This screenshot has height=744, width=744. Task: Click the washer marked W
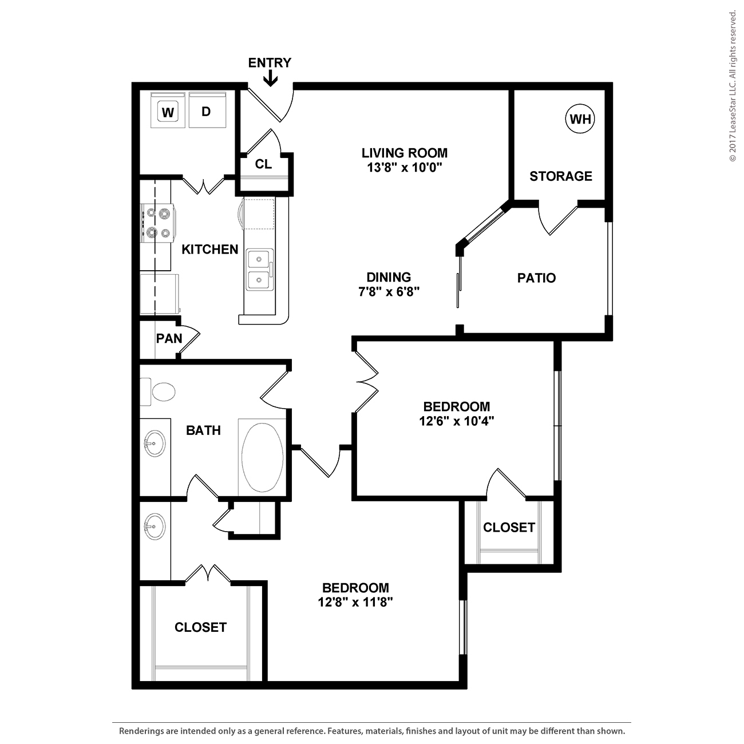pyautogui.click(x=168, y=110)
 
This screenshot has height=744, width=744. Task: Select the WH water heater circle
pyautogui.click(x=580, y=119)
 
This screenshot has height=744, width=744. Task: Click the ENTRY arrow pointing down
pyautogui.click(x=270, y=79)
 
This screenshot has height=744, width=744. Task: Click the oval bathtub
pyautogui.click(x=262, y=457)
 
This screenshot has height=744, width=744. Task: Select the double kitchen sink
pyautogui.click(x=259, y=270)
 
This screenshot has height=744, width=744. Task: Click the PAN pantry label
pyautogui.click(x=169, y=339)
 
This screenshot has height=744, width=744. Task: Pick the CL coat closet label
pyautogui.click(x=263, y=164)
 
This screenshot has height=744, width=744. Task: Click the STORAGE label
pyautogui.click(x=561, y=176)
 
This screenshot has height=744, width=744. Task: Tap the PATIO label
pyautogui.click(x=536, y=278)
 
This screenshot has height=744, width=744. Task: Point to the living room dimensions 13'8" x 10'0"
pyautogui.click(x=404, y=168)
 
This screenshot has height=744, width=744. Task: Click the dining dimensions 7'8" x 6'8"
pyautogui.click(x=389, y=291)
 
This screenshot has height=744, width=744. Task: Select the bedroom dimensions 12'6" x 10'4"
pyautogui.click(x=457, y=421)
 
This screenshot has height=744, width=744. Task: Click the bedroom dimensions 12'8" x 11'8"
pyautogui.click(x=355, y=602)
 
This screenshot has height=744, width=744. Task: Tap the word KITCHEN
pyautogui.click(x=210, y=250)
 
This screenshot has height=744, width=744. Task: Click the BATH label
pyautogui.click(x=204, y=430)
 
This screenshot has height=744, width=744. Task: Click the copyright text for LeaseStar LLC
pyautogui.click(x=733, y=86)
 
